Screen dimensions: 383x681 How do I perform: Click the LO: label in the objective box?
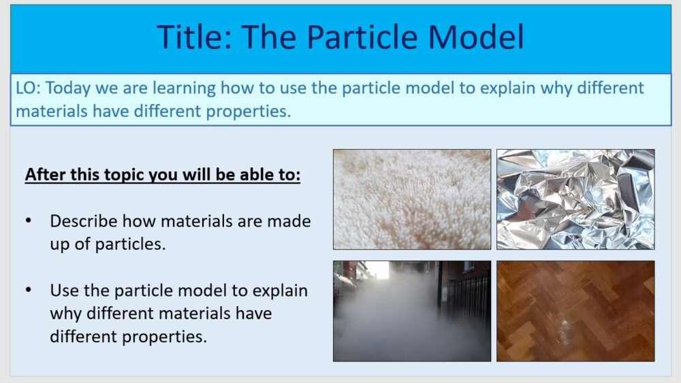[28, 88]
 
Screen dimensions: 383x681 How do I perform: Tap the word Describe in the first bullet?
[85, 221]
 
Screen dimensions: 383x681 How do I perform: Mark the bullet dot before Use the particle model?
[28, 290]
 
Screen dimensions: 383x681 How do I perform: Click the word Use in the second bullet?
[63, 290]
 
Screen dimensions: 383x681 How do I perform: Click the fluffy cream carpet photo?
[411, 199]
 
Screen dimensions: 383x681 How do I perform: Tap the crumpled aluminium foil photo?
[575, 199]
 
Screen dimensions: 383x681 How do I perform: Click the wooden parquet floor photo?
[575, 311]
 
